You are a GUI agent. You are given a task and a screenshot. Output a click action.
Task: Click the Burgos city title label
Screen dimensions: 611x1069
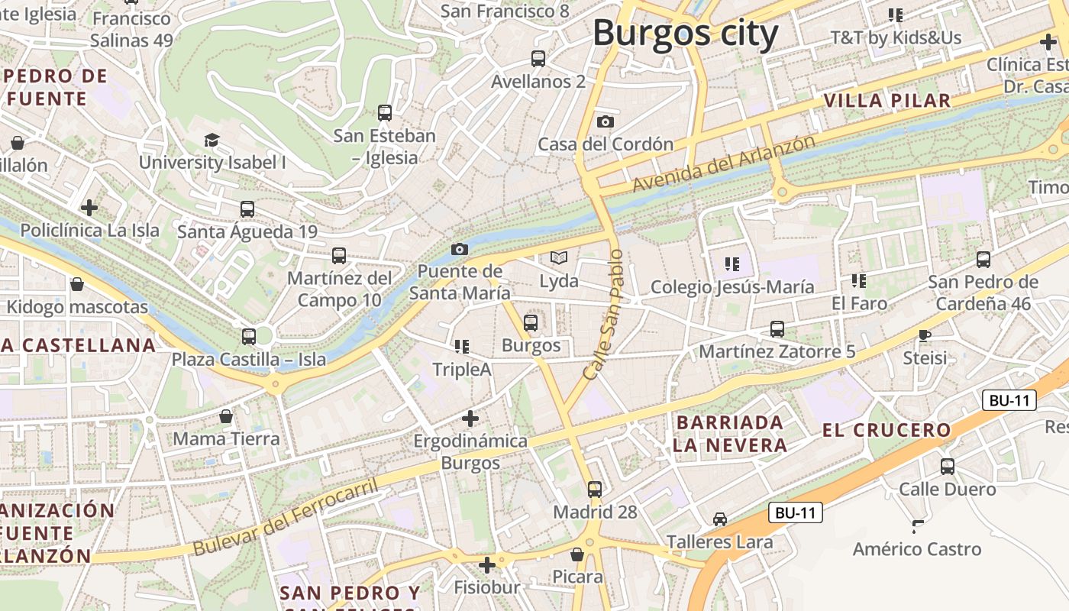(x=685, y=34)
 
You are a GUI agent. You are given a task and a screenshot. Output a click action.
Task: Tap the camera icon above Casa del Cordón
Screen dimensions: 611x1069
(x=606, y=121)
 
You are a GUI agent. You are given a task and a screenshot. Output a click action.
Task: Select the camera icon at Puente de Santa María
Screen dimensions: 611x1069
(x=460, y=249)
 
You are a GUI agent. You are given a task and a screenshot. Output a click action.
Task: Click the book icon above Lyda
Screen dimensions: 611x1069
(x=559, y=258)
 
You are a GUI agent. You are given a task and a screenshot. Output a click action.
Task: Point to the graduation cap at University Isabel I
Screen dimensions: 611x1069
(x=212, y=140)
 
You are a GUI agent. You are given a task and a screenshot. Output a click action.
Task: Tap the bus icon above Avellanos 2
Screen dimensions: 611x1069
(x=538, y=58)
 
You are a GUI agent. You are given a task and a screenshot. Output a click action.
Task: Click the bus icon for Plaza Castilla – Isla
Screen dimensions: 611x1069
(x=248, y=336)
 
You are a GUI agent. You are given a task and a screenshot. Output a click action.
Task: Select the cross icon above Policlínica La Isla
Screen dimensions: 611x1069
(x=89, y=207)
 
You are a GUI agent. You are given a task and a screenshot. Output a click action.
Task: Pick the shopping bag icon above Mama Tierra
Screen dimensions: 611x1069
(x=226, y=416)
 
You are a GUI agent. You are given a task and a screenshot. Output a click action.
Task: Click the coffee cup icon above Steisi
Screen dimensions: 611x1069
(x=925, y=335)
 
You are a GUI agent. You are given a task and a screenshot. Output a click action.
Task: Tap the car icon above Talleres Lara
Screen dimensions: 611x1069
(x=719, y=519)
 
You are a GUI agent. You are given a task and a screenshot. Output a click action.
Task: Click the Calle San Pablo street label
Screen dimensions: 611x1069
(x=603, y=315)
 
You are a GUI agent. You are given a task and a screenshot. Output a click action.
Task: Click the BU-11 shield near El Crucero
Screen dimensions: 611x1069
(x=1009, y=400)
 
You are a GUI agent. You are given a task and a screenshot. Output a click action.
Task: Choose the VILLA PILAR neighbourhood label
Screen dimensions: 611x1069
(x=887, y=100)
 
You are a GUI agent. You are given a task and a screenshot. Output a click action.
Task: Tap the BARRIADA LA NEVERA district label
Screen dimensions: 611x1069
(x=731, y=434)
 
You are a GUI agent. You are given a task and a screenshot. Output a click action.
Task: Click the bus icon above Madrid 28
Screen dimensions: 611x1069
(x=595, y=489)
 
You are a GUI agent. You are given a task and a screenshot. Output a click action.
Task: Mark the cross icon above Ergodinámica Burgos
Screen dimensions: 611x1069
(x=470, y=418)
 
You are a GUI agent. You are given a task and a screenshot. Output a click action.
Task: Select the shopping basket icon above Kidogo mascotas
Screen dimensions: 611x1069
(x=77, y=284)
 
